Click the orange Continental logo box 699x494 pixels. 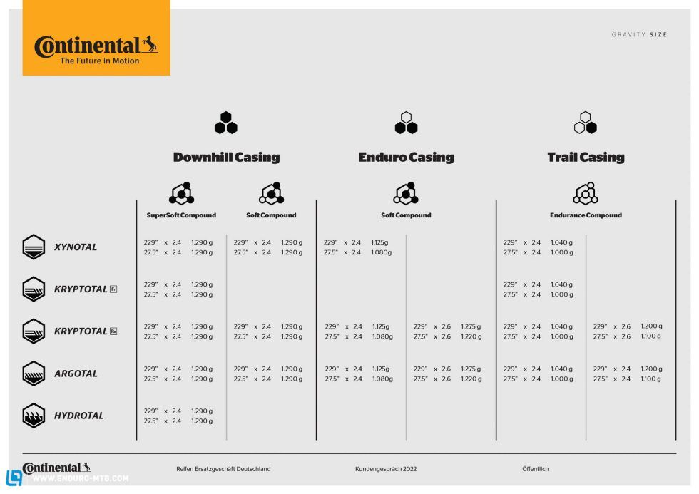pos(96,38)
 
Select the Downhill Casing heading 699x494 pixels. pos(226,158)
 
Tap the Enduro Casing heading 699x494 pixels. pos(406,158)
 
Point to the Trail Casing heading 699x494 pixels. pos(586,158)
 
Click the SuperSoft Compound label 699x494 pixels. pos(181,215)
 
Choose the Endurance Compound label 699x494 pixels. pos(586,215)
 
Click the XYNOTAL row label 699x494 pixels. pos(76,247)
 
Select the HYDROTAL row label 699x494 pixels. pos(78,416)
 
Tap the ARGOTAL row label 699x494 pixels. pos(76,374)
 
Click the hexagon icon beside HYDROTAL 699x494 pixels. pos(34,416)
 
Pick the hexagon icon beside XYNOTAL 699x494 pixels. pos(34,247)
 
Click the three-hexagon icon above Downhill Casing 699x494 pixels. pos(226,123)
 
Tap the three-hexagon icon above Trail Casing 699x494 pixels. pos(586,123)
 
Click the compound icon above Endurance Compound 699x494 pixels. pos(586,193)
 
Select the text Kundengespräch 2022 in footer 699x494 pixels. pos(386,469)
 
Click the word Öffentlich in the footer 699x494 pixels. pos(536,469)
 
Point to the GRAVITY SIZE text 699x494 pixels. pos(639,35)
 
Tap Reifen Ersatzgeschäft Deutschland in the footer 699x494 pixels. pos(223,469)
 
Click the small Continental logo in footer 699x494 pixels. pos(56,468)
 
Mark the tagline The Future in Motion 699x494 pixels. pos(100,61)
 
